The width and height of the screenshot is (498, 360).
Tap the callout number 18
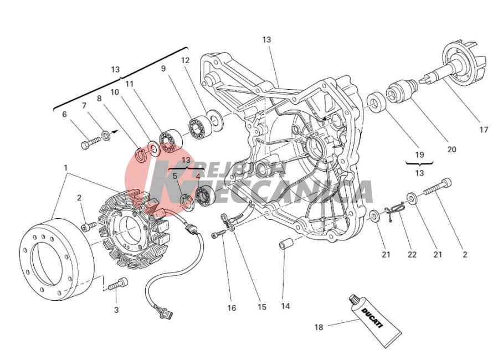coord(319,327)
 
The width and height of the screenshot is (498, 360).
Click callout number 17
coord(484,130)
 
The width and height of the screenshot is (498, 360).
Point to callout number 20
coord(451,149)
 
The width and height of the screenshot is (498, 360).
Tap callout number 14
coord(285,306)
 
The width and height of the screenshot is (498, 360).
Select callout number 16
coord(232,308)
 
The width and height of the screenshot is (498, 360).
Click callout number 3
coord(116,310)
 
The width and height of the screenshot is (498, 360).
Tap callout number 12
coord(185,60)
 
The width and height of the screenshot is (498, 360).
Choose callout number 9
coord(163,69)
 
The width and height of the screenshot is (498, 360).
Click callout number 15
coord(261,307)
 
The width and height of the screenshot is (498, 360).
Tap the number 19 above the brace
coord(419,155)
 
